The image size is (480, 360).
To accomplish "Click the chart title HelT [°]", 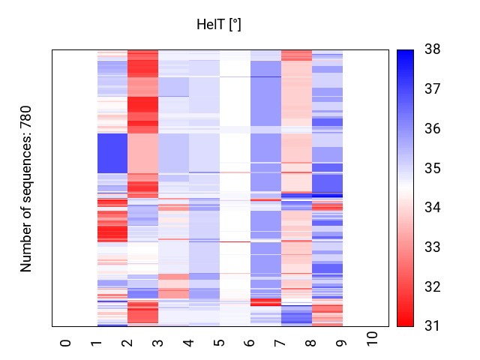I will [x=218, y=25].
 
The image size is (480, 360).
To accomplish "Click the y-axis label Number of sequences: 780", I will [x=26, y=188].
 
